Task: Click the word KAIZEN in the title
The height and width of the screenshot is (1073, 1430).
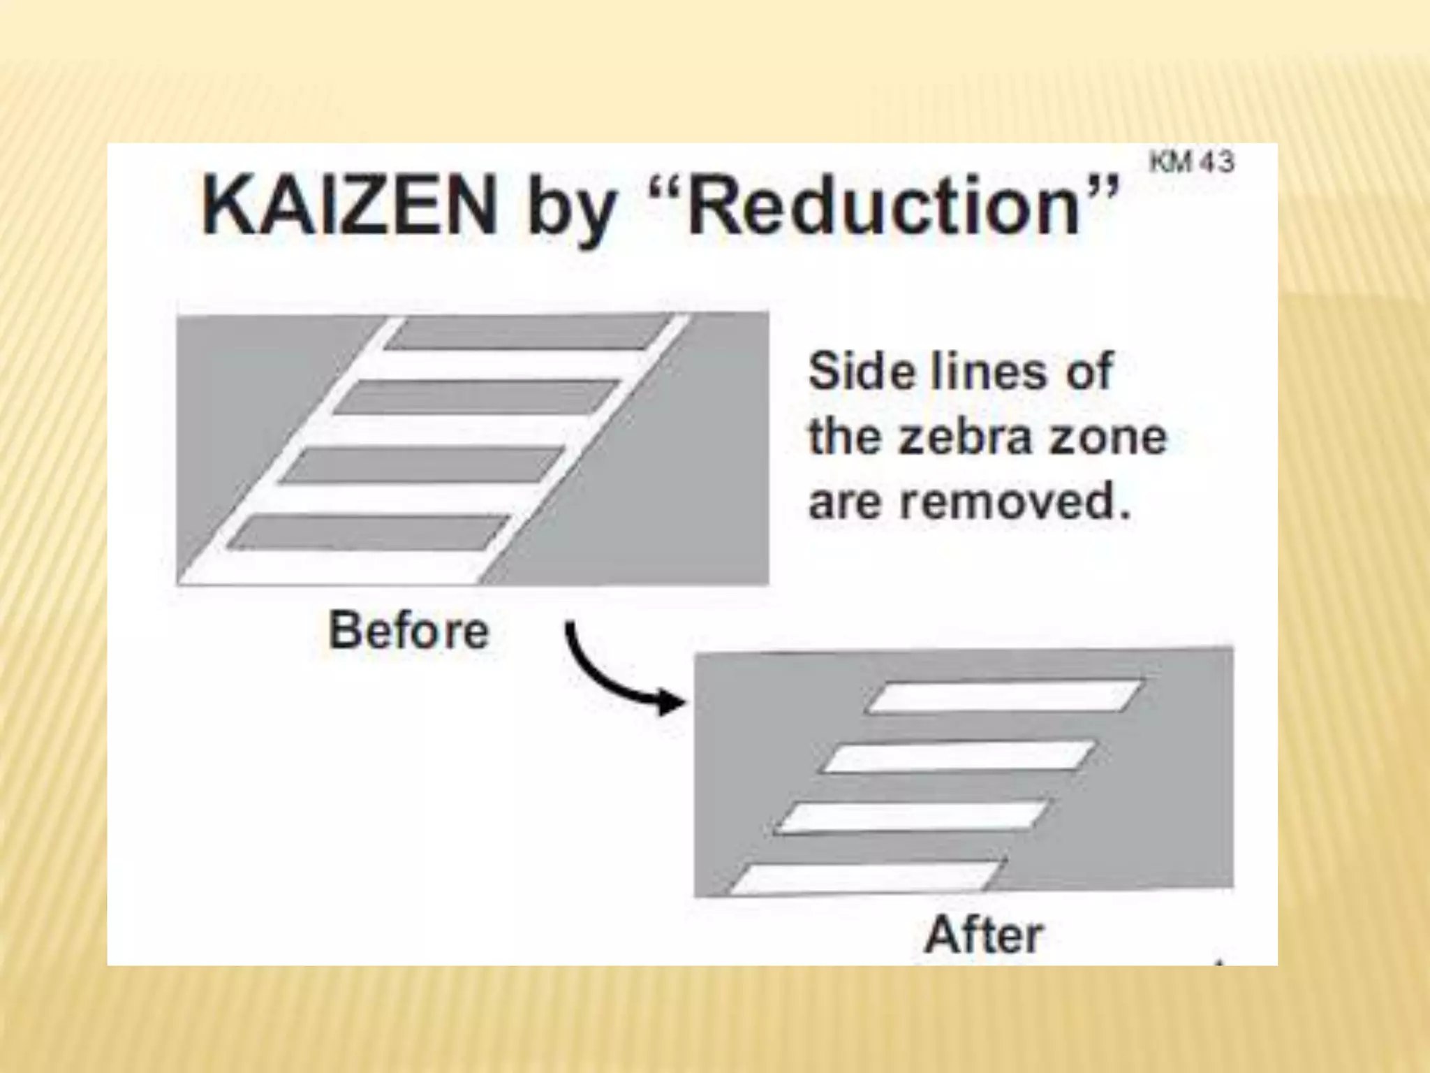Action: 349,206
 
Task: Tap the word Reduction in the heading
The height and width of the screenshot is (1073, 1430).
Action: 883,206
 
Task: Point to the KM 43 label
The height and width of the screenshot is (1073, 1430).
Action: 1191,162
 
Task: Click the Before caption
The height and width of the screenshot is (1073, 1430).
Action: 409,630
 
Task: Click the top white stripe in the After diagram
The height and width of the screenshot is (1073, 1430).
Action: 1003,696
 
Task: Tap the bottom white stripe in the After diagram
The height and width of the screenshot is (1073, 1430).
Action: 866,878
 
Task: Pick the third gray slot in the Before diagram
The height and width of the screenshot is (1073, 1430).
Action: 422,465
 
